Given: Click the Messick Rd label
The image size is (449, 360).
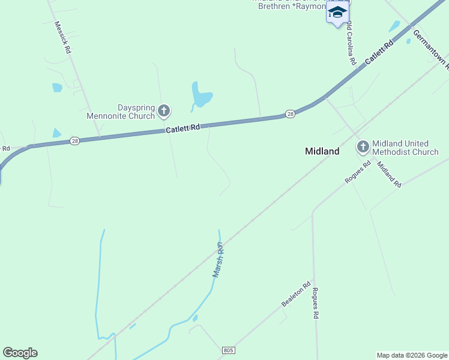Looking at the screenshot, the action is [62, 38].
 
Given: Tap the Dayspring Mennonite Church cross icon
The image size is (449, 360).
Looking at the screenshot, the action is [163, 111].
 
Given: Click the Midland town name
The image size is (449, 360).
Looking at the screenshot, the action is [322, 151].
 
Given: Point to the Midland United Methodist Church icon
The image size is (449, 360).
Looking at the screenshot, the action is [363, 147].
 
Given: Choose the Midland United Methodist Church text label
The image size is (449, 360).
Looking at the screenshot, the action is [405, 148].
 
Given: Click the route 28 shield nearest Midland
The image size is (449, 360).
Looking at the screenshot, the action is [290, 114].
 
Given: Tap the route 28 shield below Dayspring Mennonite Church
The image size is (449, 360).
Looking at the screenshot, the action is [74, 140].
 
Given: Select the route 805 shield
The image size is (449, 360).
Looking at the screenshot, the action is [228, 350].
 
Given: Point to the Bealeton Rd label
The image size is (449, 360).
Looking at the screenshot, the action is [297, 295].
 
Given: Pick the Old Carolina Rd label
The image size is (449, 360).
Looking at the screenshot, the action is [351, 43].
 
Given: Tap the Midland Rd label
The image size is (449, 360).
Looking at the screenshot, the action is [390, 175].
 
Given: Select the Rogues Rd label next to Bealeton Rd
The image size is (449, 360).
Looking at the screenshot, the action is [315, 303].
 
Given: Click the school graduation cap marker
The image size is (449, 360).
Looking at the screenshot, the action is [338, 13].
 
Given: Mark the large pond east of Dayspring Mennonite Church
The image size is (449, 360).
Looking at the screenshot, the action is [200, 95].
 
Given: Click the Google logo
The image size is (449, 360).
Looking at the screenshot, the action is [20, 353].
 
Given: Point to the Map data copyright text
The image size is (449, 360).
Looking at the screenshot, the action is [411, 355].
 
